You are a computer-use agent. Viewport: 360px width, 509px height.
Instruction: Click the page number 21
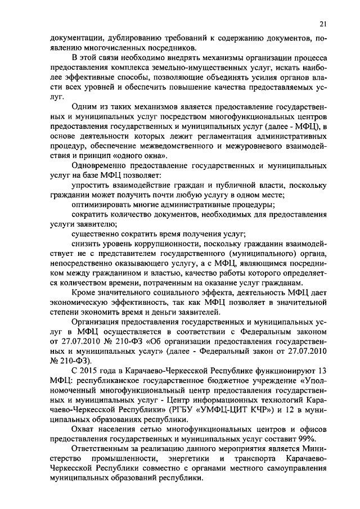point(322,23)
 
